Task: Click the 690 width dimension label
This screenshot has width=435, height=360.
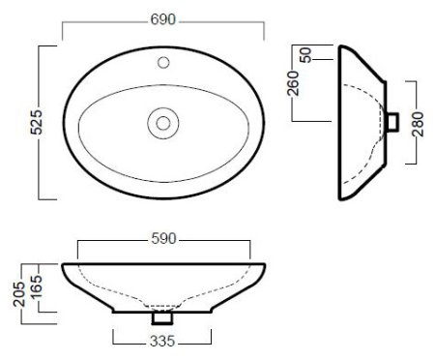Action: point(163,19)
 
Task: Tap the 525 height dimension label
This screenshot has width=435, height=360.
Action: point(36,122)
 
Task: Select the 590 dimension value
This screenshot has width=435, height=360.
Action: point(163,239)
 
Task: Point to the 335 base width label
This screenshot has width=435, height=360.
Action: point(162,341)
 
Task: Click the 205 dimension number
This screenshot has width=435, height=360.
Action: point(19,294)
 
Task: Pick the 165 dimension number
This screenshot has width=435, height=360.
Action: point(36,287)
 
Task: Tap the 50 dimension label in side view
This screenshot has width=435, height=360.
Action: point(305,55)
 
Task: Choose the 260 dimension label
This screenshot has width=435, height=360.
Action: point(293,83)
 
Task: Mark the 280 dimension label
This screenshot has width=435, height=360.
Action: point(418,124)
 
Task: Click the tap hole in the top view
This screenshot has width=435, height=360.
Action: point(163,63)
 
